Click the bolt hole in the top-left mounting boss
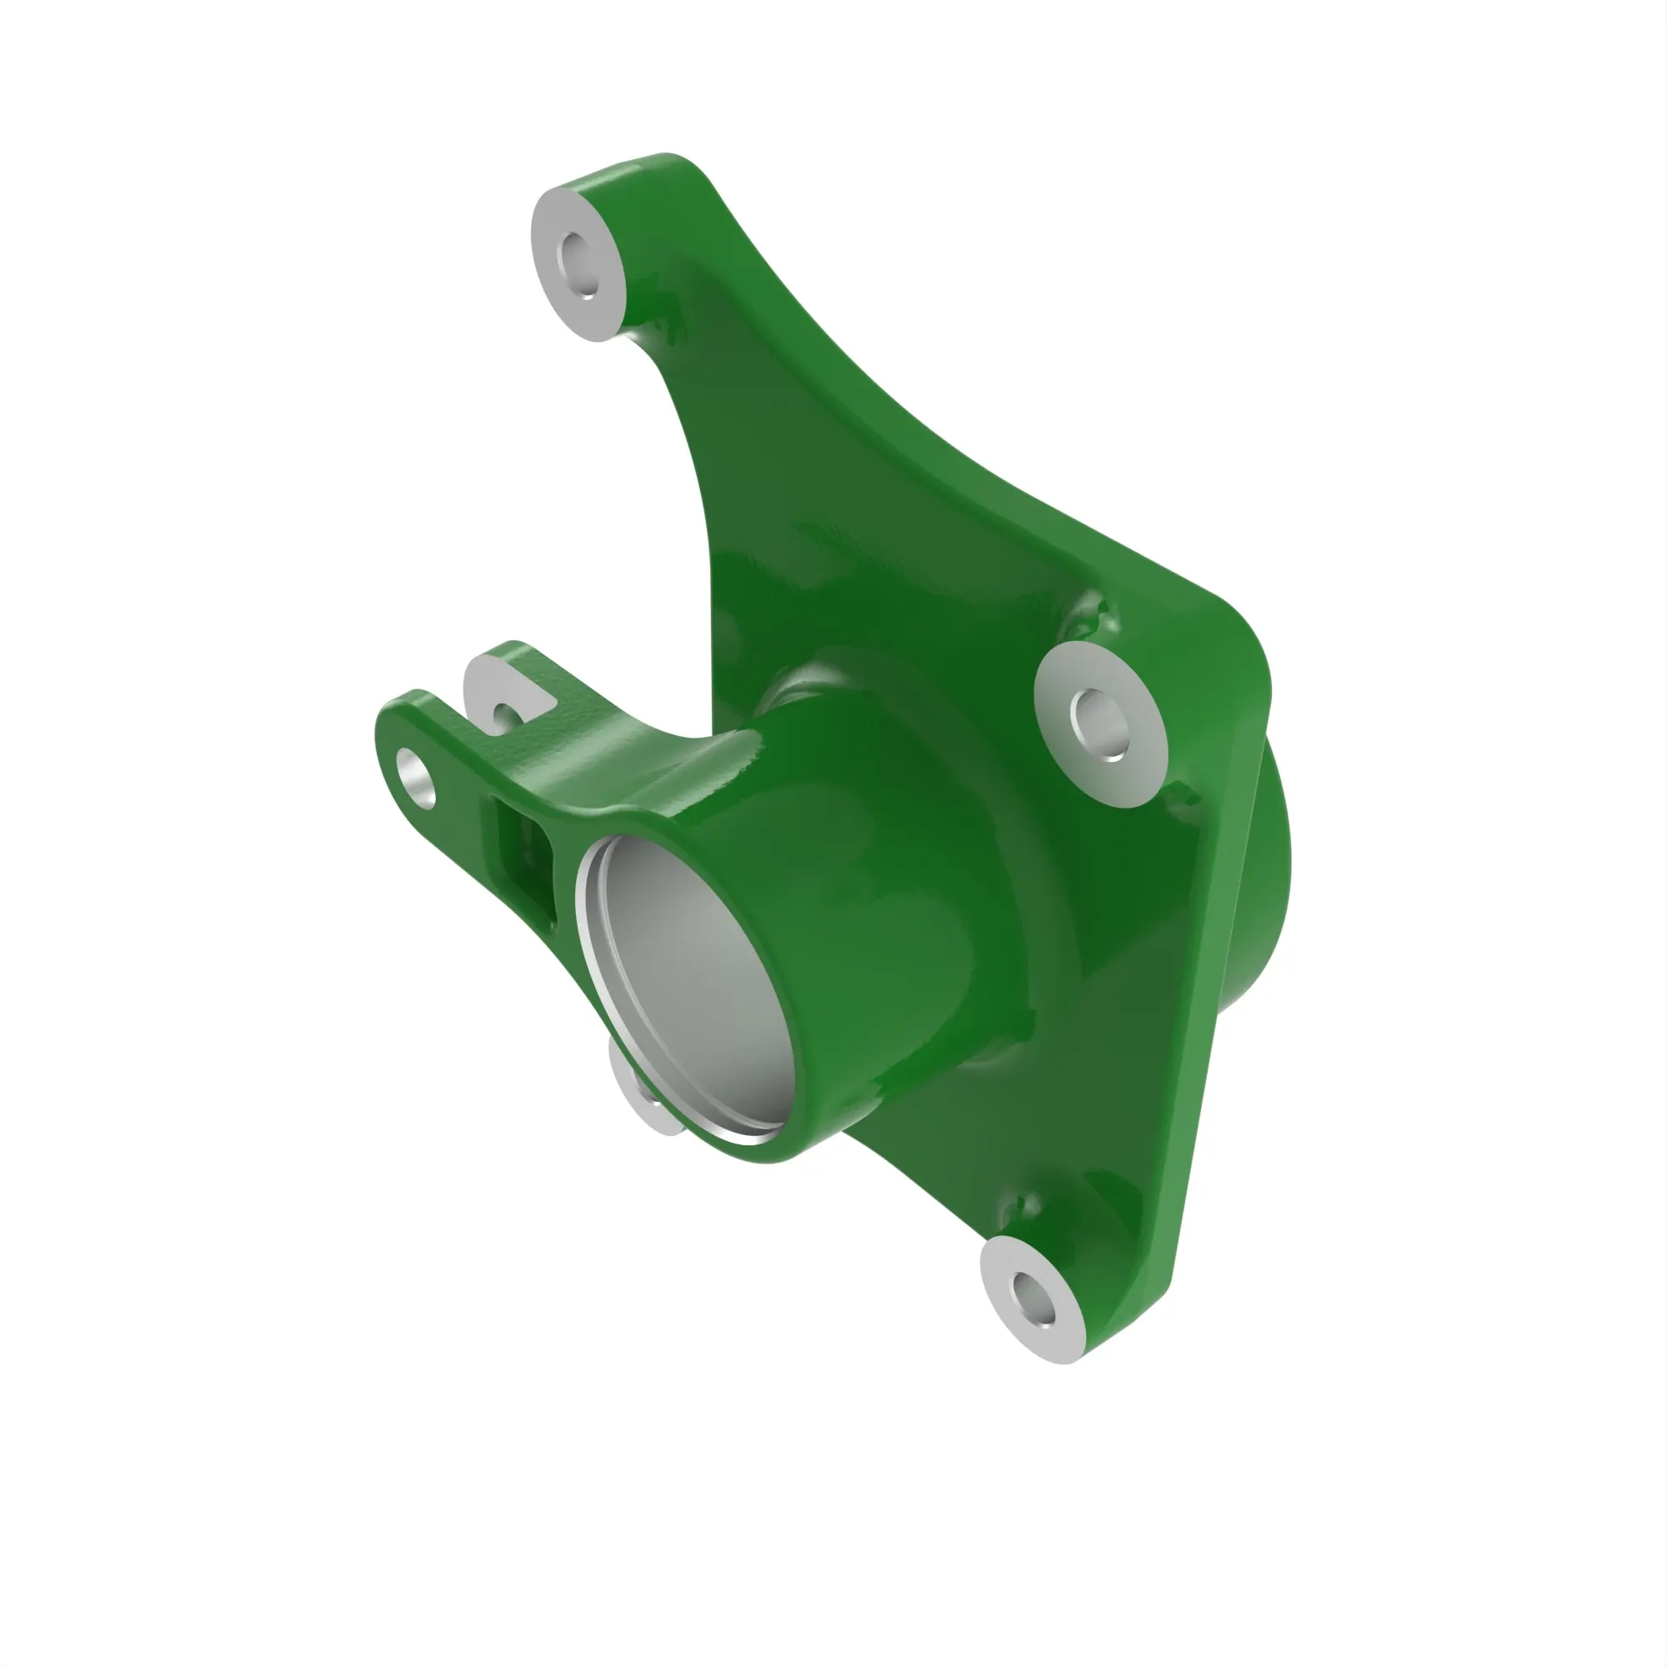point(578,261)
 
